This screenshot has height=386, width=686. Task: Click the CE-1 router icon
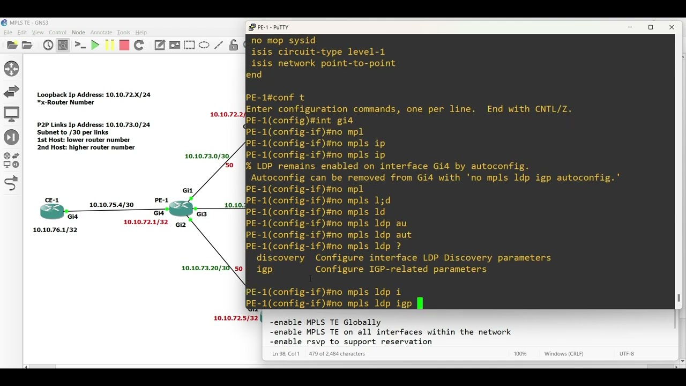pos(52,211)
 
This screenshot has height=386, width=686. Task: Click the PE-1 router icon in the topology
pos(181,209)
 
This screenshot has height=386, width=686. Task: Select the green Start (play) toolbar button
pos(95,46)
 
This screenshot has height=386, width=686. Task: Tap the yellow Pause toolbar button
pos(110,46)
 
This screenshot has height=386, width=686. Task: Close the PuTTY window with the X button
pos(672,27)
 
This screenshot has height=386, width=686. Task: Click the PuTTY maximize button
pos(651,27)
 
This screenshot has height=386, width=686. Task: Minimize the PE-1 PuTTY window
pos(630,27)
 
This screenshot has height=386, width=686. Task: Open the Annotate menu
pos(101,33)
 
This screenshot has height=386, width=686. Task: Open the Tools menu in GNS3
pos(123,33)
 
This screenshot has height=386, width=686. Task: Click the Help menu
pos(141,33)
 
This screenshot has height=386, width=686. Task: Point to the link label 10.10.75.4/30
pos(111,205)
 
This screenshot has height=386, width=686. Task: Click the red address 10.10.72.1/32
pos(146,222)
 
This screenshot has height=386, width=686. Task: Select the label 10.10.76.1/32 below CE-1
pos(55,230)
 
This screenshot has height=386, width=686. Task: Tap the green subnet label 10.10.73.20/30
pos(205,268)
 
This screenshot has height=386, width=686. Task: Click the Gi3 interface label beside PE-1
pos(202,214)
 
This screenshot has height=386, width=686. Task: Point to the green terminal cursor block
pos(420,303)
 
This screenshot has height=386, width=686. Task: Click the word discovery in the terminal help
pos(280,258)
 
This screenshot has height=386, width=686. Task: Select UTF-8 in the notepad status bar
pos(627,353)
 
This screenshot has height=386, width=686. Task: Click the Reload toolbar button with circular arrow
pos(139,46)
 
